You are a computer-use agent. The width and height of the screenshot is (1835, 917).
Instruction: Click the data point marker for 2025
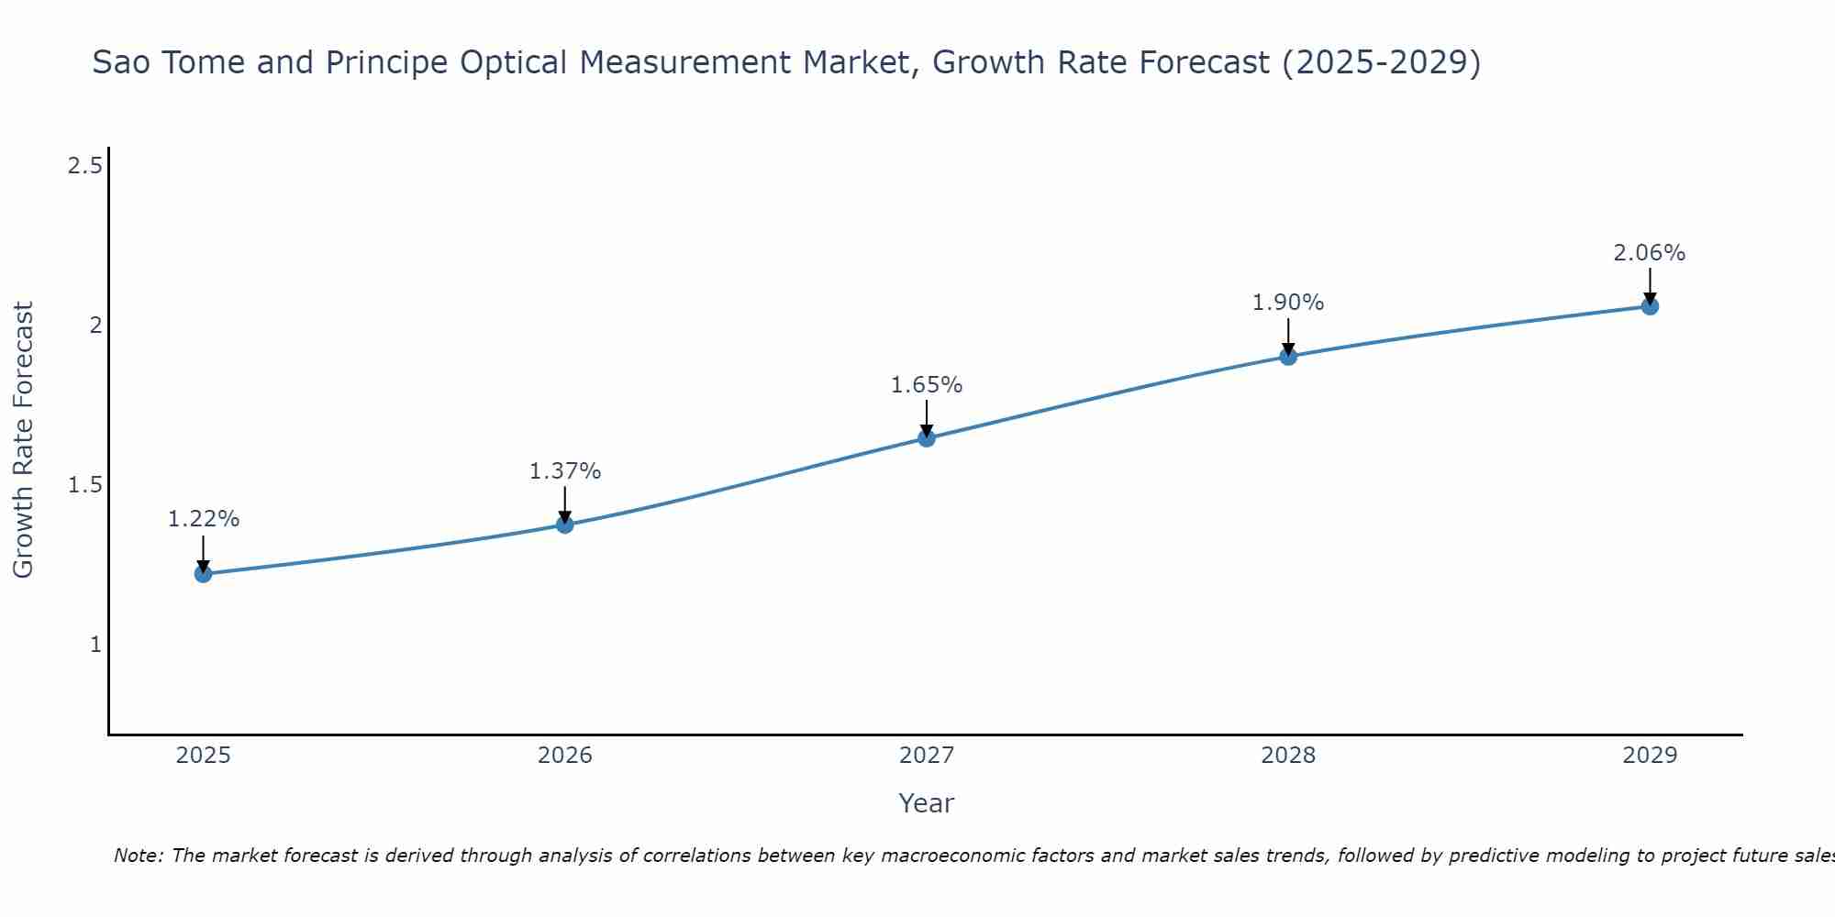point(203,574)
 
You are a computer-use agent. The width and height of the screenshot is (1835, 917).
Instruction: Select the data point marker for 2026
point(565,525)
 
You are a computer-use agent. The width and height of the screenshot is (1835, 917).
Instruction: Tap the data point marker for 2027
point(927,438)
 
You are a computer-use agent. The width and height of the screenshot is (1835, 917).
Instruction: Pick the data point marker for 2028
point(1288,356)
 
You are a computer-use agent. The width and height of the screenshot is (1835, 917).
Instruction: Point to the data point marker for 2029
point(1650,306)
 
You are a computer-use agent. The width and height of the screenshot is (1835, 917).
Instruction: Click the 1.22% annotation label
point(204,519)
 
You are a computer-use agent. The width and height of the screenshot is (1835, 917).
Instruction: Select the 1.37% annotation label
point(565,471)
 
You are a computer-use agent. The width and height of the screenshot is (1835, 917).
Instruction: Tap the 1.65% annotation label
point(927,385)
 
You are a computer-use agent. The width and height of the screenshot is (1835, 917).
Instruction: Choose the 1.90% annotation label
point(1288,303)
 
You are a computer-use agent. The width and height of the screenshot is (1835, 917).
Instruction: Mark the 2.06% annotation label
point(1650,253)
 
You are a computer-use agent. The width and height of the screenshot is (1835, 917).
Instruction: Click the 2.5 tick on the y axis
point(85,166)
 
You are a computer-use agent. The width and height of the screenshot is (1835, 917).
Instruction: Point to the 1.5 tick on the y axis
point(85,485)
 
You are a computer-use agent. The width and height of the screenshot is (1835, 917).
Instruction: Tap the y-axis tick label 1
point(95,645)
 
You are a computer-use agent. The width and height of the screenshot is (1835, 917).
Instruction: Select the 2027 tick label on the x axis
point(927,756)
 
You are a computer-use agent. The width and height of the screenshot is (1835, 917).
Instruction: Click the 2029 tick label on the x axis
point(1650,756)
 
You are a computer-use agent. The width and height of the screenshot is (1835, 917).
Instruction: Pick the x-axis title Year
point(927,803)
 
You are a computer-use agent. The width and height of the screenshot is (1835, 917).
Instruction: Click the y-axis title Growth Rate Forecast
point(24,440)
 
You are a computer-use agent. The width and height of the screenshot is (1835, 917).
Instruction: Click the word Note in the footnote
point(138,856)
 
